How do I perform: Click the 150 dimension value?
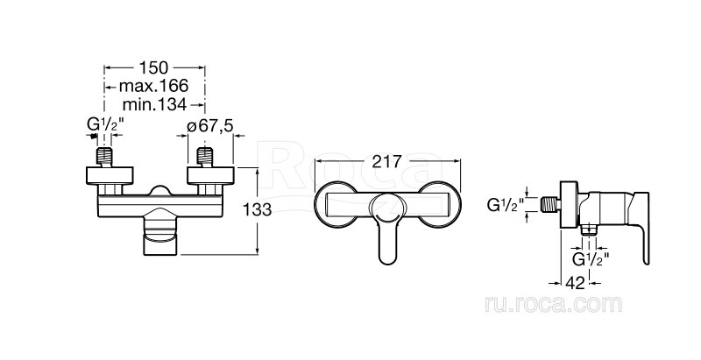154,68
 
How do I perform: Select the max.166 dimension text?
154,85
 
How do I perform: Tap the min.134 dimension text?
155,105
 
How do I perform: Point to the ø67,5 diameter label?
210,125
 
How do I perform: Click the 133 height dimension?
257,209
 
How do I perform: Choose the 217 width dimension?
387,161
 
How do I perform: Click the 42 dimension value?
575,283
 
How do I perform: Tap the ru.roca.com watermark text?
554,304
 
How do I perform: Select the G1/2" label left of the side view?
506,205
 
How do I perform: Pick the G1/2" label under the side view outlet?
591,258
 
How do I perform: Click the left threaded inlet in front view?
104,157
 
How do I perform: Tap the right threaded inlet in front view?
205,157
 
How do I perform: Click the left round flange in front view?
110,175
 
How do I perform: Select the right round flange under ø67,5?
210,175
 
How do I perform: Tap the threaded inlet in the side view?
550,205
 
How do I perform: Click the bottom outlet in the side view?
589,229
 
